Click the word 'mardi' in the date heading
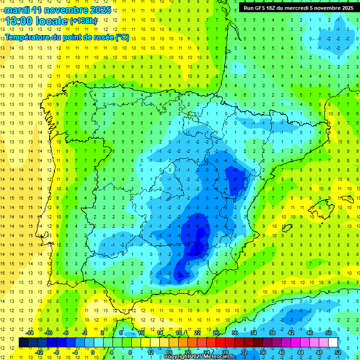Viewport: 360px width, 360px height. pyautogui.click(x=17, y=10)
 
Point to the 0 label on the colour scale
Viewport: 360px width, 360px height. pyautogui.click(x=93, y=352)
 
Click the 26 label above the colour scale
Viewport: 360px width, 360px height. pyautogui.click(x=216, y=333)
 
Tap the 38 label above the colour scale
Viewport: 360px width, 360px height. pyautogui.click(x=272, y=333)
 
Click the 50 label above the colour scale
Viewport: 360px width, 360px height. pyautogui.click(x=329, y=333)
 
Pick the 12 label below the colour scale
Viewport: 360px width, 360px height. pyautogui.click(x=150, y=352)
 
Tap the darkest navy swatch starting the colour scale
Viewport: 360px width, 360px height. pyautogui.click(x=23, y=342)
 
